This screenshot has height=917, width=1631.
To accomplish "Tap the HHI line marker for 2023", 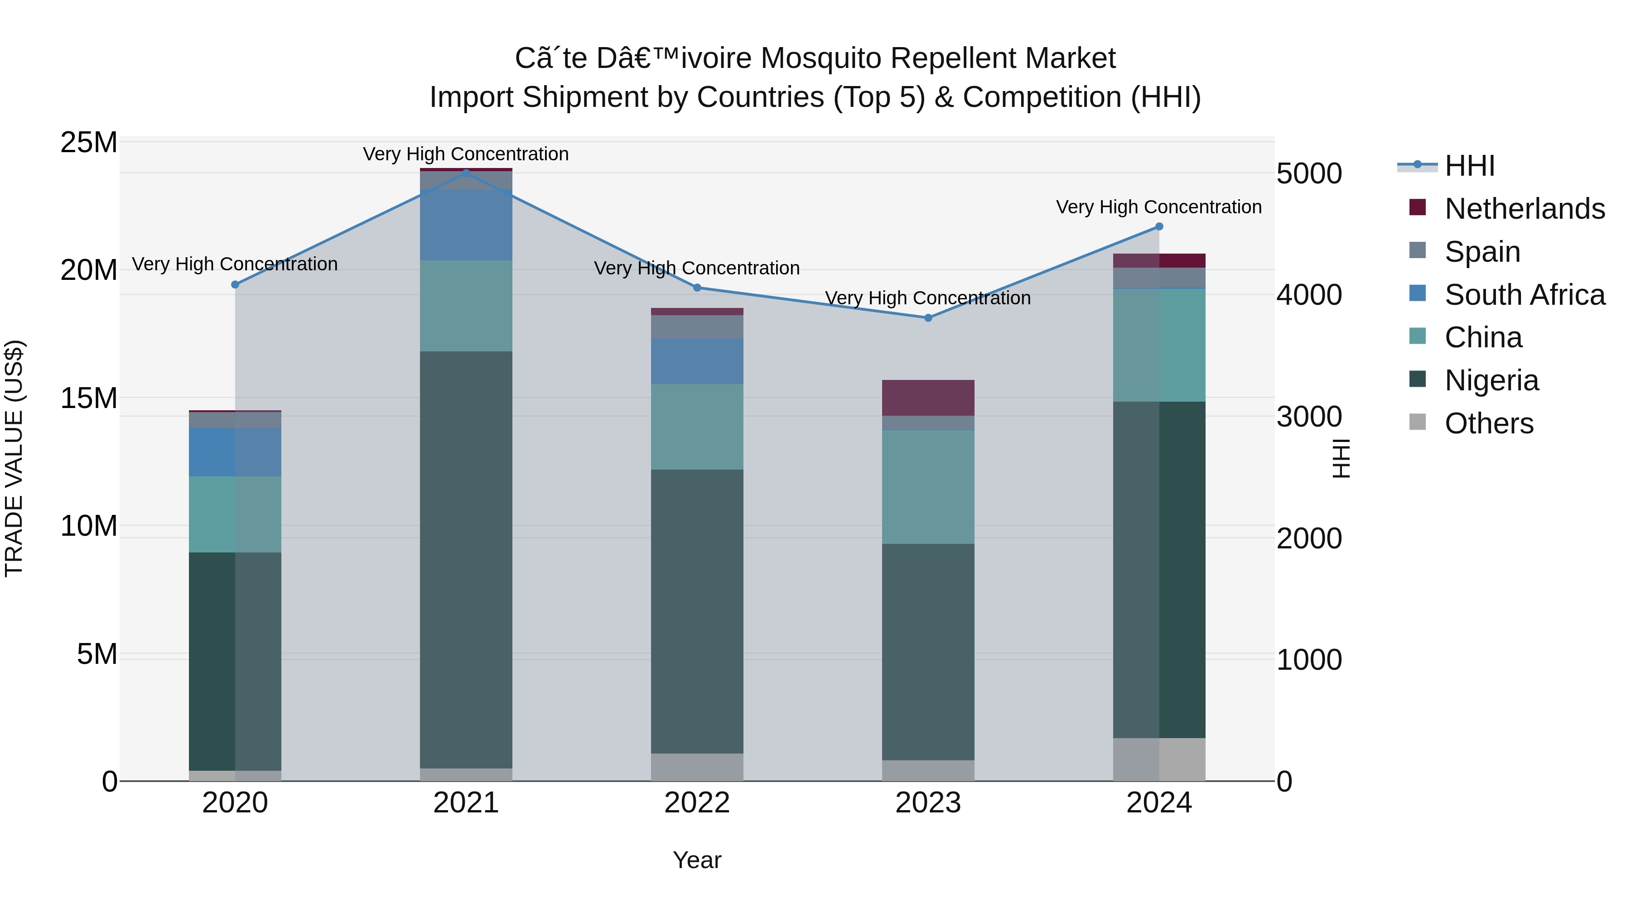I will (928, 318).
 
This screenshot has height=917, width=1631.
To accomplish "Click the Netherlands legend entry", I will (1524, 209).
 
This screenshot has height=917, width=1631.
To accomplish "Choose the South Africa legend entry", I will (1524, 295).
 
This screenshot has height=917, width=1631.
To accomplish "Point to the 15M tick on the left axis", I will (89, 398).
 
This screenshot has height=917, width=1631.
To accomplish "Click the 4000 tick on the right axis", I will (1309, 295).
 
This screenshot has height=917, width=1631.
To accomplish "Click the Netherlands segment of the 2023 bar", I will (928, 398).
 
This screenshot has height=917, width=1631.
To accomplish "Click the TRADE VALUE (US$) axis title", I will (14, 458).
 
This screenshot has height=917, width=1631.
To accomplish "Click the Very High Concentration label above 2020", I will (234, 264).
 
